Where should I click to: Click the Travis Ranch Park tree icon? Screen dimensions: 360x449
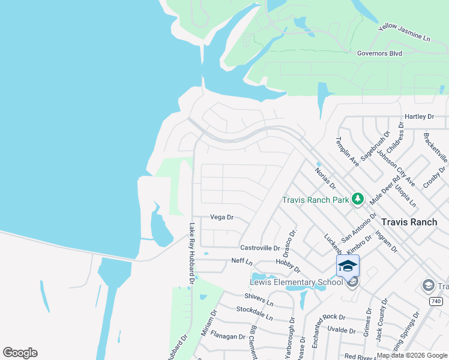pyautogui.click(x=358, y=198)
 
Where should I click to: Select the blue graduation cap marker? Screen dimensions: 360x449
pyautogui.click(x=348, y=266)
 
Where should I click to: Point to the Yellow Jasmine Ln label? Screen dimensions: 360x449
pyautogui.click(x=405, y=33)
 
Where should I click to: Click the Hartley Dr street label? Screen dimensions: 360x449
pyautogui.click(x=419, y=116)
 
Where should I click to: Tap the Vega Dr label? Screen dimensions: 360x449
pyautogui.click(x=221, y=217)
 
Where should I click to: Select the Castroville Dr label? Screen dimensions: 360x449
pyautogui.click(x=260, y=248)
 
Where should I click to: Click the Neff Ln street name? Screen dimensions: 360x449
pyautogui.click(x=242, y=261)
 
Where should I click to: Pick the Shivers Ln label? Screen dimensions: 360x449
pyautogui.click(x=259, y=296)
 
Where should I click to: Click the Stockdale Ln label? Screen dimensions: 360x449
pyautogui.click(x=255, y=313)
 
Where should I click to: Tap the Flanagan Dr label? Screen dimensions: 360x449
pyautogui.click(x=228, y=337)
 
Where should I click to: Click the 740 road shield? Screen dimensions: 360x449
pyautogui.click(x=436, y=301)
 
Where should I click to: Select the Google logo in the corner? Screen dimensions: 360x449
pyautogui.click(x=20, y=353)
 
